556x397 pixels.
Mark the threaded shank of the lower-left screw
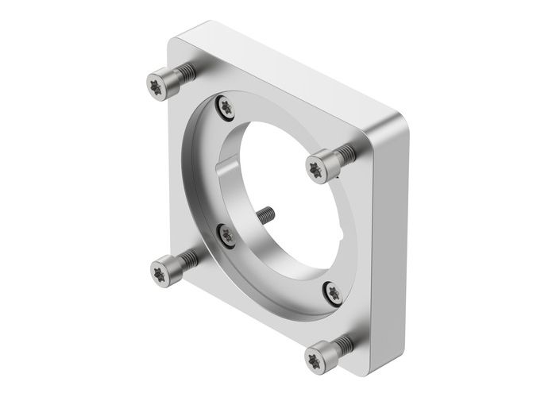[x=187, y=259]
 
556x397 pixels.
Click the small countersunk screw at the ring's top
[x=226, y=106]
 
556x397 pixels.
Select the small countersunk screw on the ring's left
[x=226, y=233]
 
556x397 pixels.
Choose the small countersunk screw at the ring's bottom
[x=333, y=293]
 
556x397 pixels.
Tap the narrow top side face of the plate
[x=286, y=75]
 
